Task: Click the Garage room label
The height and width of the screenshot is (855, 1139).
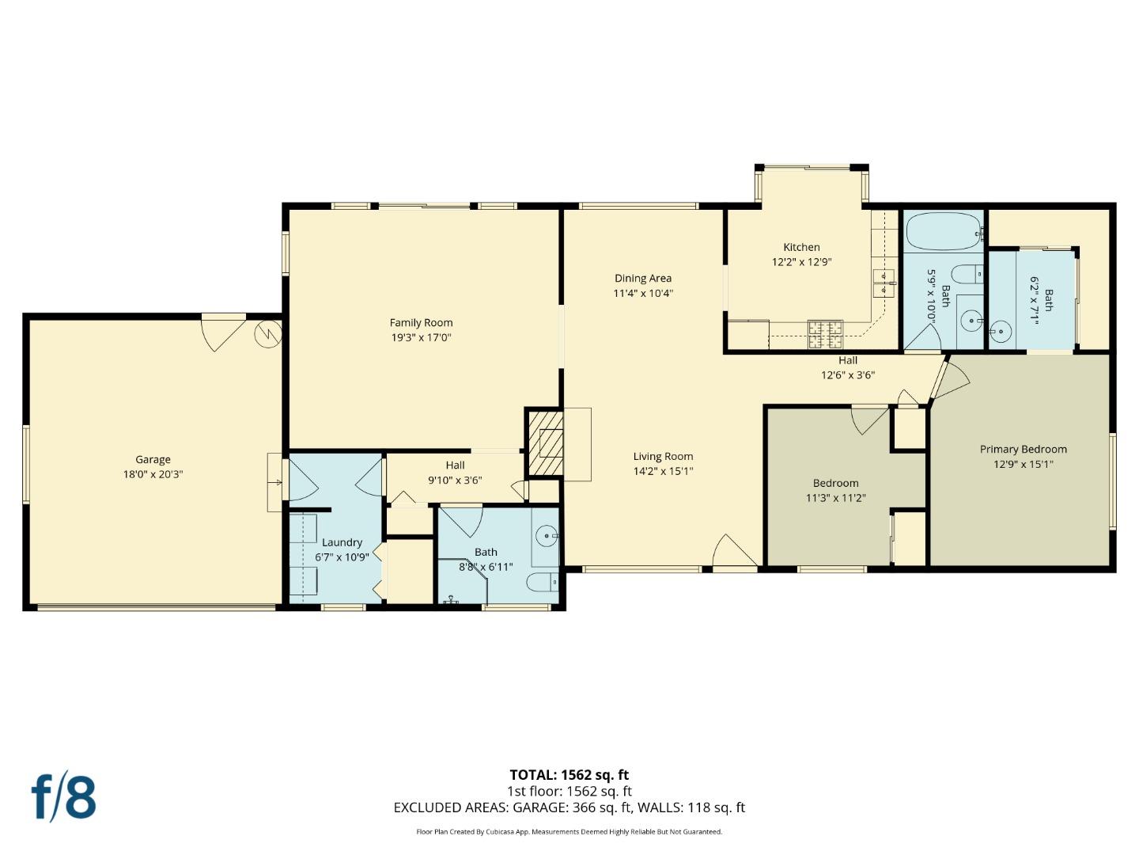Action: coord(153,459)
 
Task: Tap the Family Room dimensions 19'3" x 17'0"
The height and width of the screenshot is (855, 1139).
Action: coord(421,337)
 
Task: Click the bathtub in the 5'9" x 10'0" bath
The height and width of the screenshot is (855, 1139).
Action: coord(941,230)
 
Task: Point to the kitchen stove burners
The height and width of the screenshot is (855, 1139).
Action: coord(826,333)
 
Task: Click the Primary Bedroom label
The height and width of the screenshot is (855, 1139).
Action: coord(1023,449)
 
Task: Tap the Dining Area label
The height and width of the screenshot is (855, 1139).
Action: coord(642,278)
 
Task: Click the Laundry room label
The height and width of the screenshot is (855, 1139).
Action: coord(342,542)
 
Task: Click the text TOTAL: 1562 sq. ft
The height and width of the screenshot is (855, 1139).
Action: coord(569,775)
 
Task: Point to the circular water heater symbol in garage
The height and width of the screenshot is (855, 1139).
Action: coord(268,334)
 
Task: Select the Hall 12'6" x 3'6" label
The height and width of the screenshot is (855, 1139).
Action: coord(847,360)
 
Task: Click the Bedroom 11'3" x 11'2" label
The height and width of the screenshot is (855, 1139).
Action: coord(835,483)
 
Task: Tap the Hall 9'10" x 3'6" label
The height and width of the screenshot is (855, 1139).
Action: coord(455,465)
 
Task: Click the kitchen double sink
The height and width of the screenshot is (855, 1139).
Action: coord(883,283)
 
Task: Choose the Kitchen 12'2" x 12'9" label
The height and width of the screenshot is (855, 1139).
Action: coord(801,247)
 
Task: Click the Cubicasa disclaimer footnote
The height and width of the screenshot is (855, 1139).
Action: coord(569,832)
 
